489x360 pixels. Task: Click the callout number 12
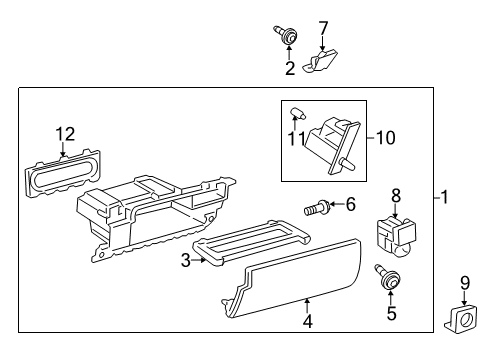[x=65, y=134]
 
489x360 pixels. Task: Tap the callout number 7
[x=323, y=28]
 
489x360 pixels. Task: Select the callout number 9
[x=465, y=283]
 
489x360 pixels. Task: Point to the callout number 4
[x=308, y=322]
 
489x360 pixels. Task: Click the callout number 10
[x=386, y=138]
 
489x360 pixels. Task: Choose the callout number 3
[x=186, y=260]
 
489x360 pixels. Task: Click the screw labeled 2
[x=285, y=35]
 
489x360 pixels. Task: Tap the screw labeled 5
[x=387, y=277]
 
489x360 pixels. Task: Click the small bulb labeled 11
[x=297, y=113]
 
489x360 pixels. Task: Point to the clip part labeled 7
[x=320, y=60]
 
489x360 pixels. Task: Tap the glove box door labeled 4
[x=293, y=278]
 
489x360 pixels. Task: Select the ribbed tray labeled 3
[x=252, y=242]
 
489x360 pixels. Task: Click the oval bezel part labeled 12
[x=62, y=172]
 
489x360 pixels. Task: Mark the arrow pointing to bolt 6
[x=337, y=204]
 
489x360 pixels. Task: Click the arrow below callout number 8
[x=395, y=211]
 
